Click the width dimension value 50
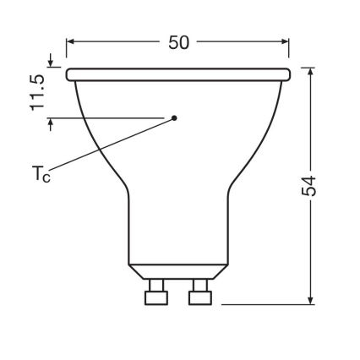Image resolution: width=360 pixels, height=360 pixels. click(x=178, y=43)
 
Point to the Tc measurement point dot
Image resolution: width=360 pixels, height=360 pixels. click(x=174, y=117)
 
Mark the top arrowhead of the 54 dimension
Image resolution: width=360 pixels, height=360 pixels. click(x=312, y=73)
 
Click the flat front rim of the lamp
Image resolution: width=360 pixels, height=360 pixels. click(x=178, y=74)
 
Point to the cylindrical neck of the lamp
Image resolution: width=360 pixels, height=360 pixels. click(x=178, y=228)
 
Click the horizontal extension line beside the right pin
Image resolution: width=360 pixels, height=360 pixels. click(x=262, y=303)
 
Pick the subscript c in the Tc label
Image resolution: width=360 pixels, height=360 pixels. click(x=47, y=180)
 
